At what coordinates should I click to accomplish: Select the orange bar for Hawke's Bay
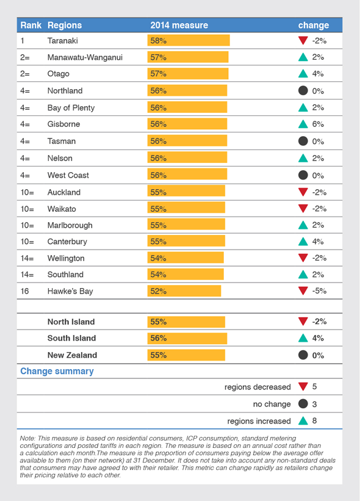[x=184, y=291]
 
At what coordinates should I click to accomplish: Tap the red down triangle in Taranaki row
[x=303, y=41]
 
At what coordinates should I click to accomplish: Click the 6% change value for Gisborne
[x=317, y=124]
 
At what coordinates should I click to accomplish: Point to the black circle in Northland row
[x=303, y=91]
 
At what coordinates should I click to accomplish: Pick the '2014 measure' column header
[x=179, y=26]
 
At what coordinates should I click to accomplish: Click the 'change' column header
[x=313, y=26]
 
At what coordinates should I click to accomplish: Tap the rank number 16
[x=24, y=291]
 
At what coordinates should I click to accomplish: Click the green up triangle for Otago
[x=303, y=74]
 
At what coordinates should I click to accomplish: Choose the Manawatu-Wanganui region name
[x=85, y=57]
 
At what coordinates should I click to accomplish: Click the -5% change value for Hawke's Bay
[x=319, y=291]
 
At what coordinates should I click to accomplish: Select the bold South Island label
[x=71, y=338]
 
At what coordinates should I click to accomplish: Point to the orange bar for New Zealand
[x=186, y=355]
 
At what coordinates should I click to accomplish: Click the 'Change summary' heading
[x=57, y=371]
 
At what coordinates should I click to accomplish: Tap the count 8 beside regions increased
[x=315, y=420]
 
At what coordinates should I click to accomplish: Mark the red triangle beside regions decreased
[x=303, y=387]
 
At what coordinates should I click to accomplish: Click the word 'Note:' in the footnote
[x=29, y=439]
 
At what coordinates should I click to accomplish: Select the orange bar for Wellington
[x=185, y=258]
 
